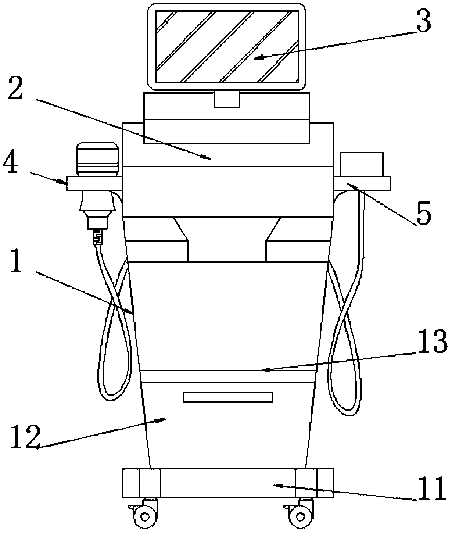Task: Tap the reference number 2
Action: coord(16,86)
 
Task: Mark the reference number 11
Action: coord(430,490)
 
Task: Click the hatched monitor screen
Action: coord(227,47)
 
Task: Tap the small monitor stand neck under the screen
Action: coord(227,99)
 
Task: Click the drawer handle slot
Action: coord(228,397)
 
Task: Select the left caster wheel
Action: coord(143,518)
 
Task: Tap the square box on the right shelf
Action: coord(362,164)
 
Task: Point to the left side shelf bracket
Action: coord(94,183)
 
